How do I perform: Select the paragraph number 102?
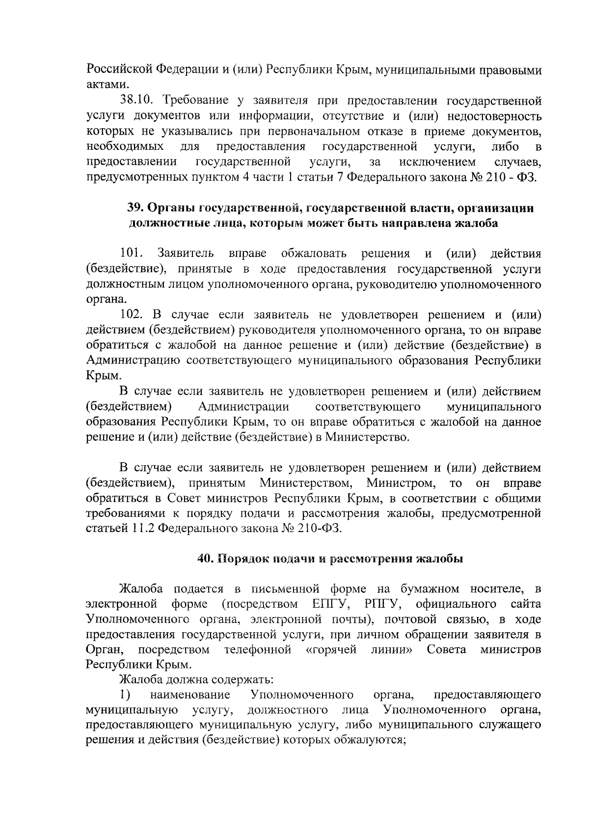point(131,314)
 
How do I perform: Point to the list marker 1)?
point(126,695)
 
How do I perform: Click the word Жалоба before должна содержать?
point(140,680)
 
